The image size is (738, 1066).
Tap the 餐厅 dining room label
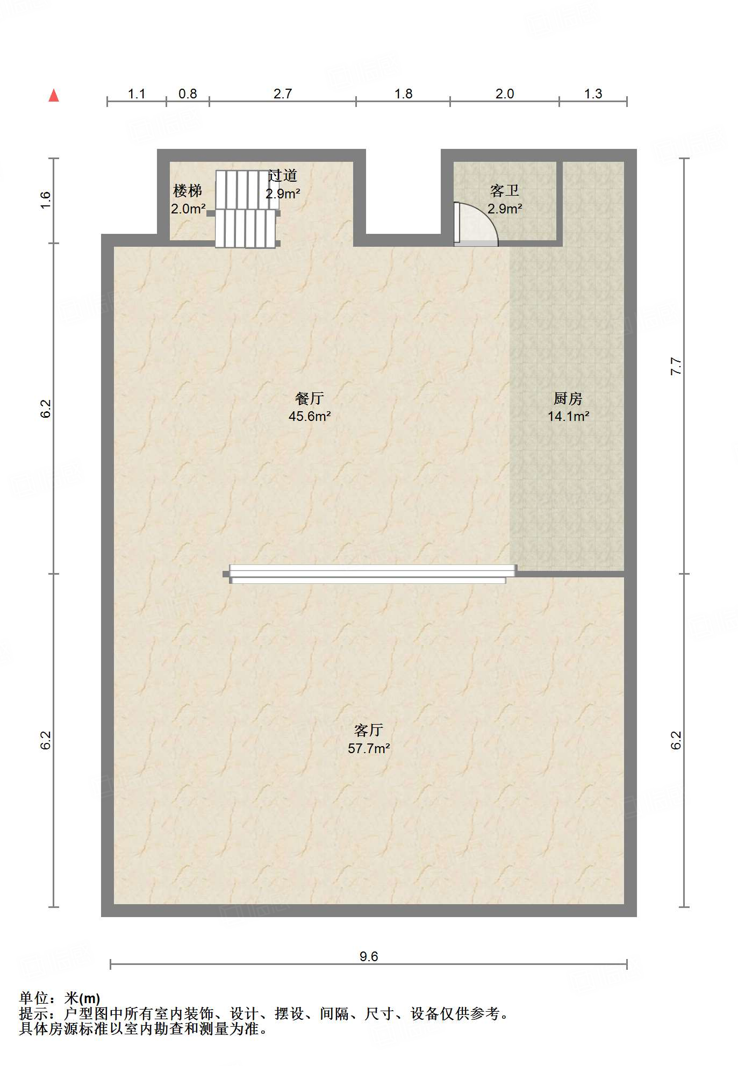pos(310,398)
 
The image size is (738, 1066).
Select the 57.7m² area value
pos(369,748)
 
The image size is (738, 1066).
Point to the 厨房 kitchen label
pos(568,398)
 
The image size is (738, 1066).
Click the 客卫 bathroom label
pos(505,191)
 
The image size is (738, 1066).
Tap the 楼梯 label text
pos(188,191)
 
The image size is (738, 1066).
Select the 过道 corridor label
pos(283,175)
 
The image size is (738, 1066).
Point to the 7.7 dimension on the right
pos(677,366)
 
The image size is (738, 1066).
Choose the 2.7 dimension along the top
pos(283,94)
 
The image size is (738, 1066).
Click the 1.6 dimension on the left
pos(46,200)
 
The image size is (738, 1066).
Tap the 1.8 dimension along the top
pos(403,94)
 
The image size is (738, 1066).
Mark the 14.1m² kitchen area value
pos(568,416)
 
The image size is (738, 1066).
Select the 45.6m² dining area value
pos(310,416)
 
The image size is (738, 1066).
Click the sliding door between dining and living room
pos(370,574)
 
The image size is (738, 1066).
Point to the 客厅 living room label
pos(369,730)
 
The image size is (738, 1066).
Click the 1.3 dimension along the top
pos(593,94)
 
